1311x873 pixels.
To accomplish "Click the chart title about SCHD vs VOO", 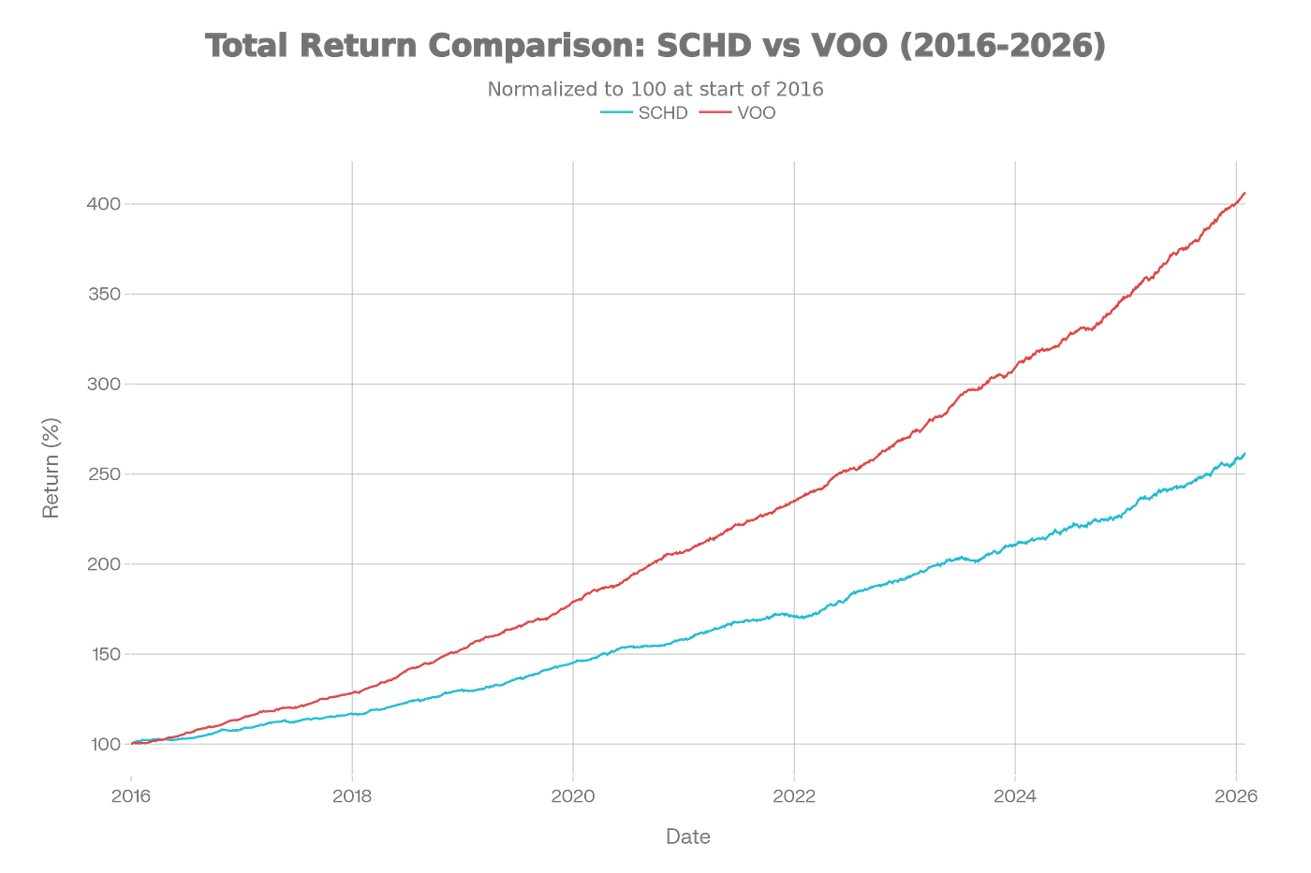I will tap(655, 46).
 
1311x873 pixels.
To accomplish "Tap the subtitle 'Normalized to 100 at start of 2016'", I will tap(655, 89).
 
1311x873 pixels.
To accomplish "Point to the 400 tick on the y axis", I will tap(104, 205).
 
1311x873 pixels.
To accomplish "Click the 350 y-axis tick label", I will tap(104, 294).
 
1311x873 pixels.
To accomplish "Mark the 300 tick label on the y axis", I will tap(104, 384).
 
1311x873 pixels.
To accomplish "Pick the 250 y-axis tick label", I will tap(104, 474).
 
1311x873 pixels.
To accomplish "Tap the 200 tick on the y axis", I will tap(104, 564).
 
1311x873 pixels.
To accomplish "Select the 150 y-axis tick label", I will tap(104, 654).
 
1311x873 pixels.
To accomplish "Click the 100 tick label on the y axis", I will tap(104, 744).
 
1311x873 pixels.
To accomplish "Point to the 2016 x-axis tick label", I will tap(131, 796).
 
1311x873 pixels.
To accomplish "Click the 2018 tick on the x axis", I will tap(352, 796).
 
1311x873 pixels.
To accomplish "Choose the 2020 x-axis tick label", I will tap(573, 796).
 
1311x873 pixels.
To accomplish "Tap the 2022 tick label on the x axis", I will tap(794, 796).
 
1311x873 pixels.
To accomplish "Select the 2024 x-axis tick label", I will tap(1015, 796).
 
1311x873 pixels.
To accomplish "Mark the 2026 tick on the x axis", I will tap(1236, 796).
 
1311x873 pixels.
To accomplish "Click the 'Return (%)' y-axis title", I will tap(51, 468).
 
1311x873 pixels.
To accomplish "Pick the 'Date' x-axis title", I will tap(687, 836).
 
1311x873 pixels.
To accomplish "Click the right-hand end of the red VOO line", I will tap(1244, 194).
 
